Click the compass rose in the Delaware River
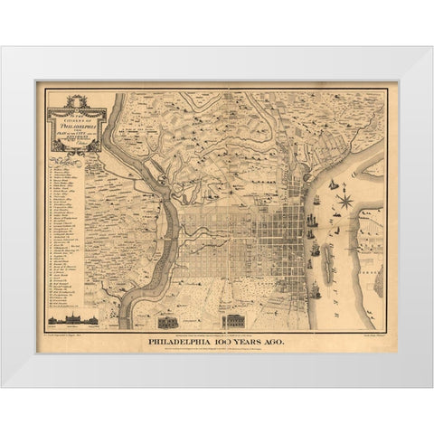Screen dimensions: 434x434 click(x=344, y=200)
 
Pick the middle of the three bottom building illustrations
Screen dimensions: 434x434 click(x=168, y=321)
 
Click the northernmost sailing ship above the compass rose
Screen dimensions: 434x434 click(x=334, y=184)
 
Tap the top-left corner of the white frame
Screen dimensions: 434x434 click(x=3, y=48)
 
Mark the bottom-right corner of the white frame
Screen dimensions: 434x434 click(x=431, y=386)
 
